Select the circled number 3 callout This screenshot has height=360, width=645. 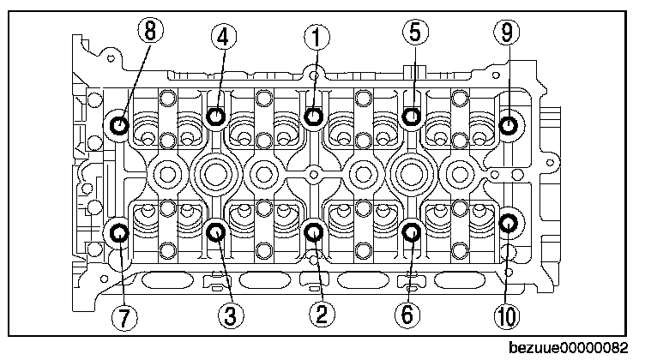point(228,315)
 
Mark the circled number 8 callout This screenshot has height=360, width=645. point(150,33)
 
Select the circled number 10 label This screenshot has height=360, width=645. point(506,315)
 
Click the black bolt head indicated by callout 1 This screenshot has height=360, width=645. point(315,117)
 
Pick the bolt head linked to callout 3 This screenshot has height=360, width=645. point(217,230)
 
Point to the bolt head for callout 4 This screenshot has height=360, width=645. point(217,117)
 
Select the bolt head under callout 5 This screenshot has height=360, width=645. point(413,117)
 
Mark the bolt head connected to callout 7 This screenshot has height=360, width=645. point(118,231)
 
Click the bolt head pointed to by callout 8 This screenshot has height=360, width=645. point(118,127)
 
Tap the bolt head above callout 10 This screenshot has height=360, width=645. point(509,223)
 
